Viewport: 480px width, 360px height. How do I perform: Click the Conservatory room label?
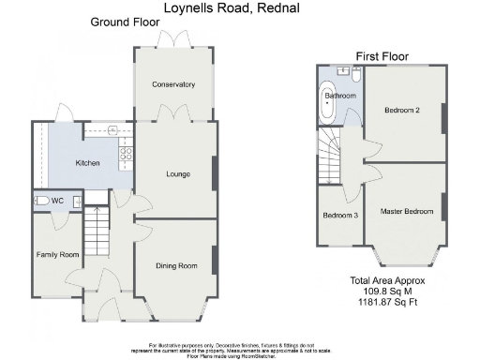(x=174, y=84)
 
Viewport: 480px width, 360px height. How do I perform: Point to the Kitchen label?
(x=87, y=163)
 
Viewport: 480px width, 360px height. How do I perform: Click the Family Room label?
(x=56, y=254)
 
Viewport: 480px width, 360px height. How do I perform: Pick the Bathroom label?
(x=339, y=96)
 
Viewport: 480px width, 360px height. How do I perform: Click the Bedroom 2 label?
(x=401, y=110)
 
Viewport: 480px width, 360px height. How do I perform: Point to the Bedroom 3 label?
(x=340, y=216)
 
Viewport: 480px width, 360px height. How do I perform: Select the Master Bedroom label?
(x=406, y=211)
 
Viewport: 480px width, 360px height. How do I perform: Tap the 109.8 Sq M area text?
(x=388, y=291)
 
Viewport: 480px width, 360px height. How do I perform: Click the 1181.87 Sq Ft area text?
(x=388, y=301)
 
